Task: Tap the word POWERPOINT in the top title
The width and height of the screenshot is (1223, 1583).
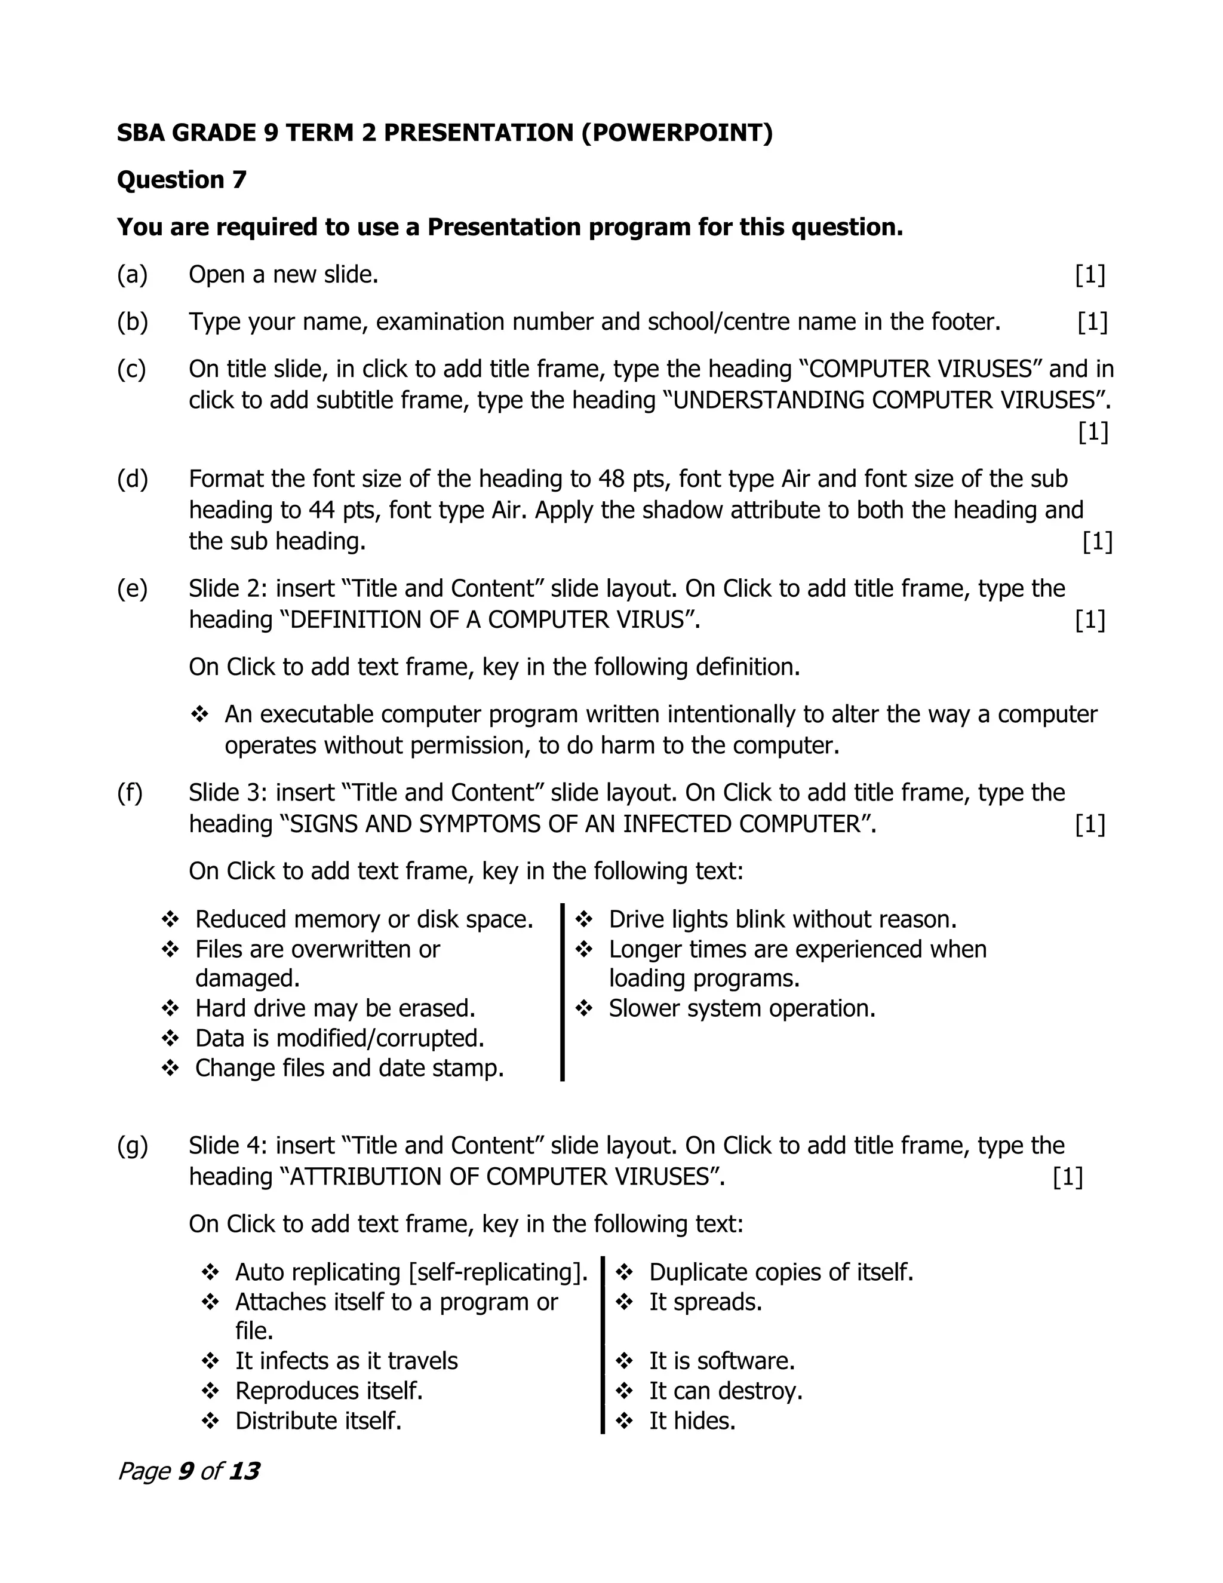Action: pos(677,133)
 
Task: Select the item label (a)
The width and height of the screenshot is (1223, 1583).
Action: pos(132,275)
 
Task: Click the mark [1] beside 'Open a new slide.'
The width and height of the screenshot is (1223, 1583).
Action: pos(1090,275)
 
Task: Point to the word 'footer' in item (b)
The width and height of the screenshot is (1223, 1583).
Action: pos(964,322)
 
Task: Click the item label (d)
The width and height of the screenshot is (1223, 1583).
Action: pos(132,479)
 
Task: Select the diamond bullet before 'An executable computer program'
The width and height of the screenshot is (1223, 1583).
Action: pos(199,714)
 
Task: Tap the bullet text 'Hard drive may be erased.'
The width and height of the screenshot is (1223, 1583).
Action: pos(335,1008)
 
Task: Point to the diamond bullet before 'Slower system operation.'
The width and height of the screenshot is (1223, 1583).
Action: pos(584,1008)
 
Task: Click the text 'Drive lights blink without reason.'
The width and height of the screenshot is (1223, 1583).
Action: pos(782,919)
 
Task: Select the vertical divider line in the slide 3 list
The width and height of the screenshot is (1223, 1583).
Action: pos(562,993)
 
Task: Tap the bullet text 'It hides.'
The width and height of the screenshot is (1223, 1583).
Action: pos(692,1421)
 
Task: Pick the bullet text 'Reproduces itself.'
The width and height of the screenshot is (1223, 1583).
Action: pos(329,1391)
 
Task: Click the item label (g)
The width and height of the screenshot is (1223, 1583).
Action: pos(132,1146)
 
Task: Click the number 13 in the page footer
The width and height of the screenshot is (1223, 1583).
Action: pos(244,1471)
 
